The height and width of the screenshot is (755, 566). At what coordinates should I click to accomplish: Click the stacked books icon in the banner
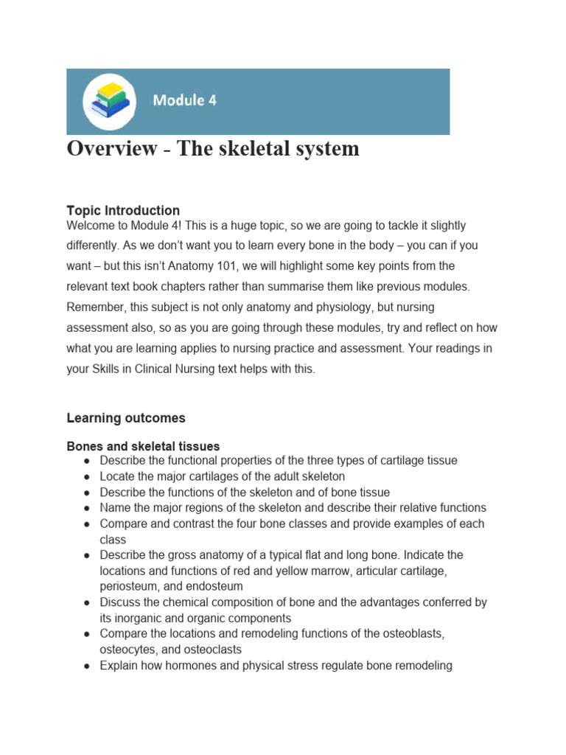109,100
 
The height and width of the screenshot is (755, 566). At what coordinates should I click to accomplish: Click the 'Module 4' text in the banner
184,100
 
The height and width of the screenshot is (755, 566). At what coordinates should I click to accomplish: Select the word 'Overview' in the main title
112,149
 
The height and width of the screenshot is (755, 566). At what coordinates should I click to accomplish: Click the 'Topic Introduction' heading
123,210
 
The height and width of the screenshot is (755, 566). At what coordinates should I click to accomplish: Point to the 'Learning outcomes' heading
126,418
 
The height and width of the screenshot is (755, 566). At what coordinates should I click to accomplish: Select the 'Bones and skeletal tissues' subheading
143,446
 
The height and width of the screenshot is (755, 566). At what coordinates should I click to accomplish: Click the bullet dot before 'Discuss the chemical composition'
87,603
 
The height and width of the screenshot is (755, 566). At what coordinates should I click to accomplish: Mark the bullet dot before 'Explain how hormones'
87,667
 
